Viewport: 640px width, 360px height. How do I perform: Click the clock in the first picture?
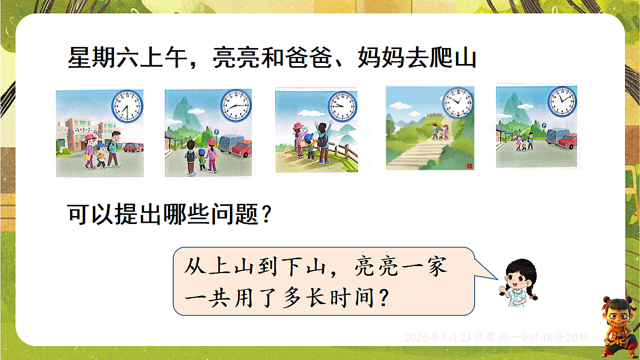(127, 106)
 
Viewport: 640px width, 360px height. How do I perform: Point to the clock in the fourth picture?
(457, 102)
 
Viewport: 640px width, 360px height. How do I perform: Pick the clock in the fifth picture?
(562, 101)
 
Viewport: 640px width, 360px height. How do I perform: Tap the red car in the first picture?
(133, 146)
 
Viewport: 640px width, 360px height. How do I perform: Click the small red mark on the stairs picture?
(469, 165)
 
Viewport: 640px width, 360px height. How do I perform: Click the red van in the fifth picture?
(566, 140)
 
